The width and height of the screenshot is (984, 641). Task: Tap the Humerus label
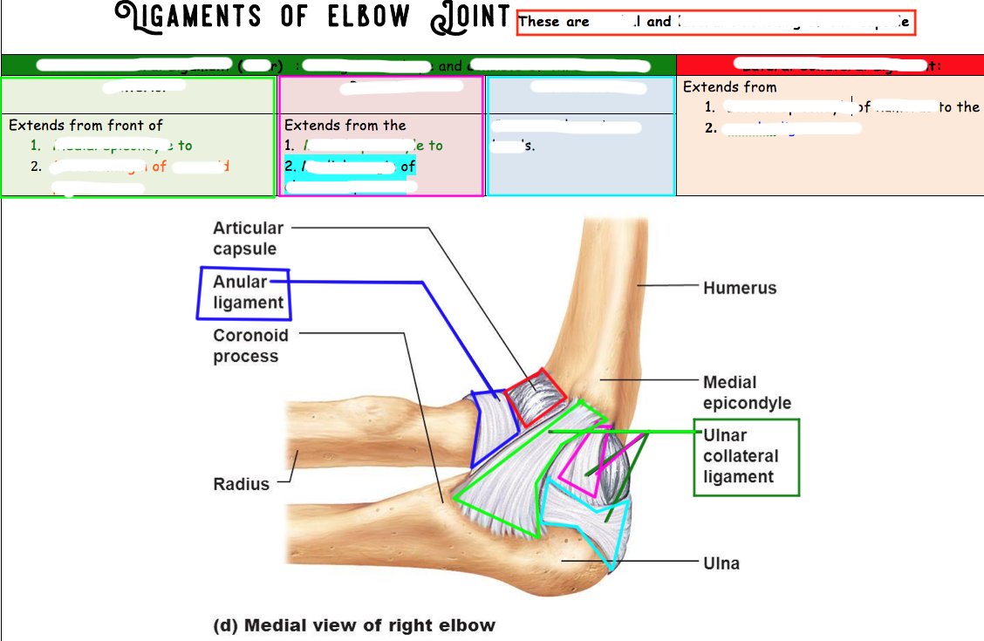(x=740, y=288)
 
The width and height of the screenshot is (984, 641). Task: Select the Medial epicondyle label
(x=747, y=392)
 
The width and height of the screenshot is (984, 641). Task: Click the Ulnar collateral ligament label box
(x=746, y=457)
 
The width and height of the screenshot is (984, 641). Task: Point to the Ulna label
(x=721, y=563)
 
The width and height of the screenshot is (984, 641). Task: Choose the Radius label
(x=242, y=484)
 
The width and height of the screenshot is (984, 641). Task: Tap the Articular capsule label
(x=248, y=238)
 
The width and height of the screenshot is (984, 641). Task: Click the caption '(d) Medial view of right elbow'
(x=354, y=625)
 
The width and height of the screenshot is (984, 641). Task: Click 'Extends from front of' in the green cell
(x=85, y=126)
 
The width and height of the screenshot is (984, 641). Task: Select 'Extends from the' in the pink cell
(x=345, y=126)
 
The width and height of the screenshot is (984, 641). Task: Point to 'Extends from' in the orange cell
(x=729, y=87)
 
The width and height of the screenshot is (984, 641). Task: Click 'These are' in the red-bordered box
(x=554, y=22)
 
